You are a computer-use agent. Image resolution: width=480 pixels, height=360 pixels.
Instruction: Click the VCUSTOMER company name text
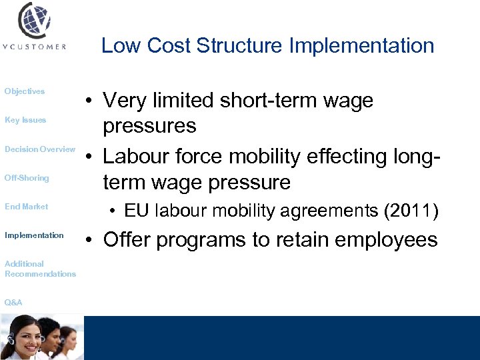point(35,47)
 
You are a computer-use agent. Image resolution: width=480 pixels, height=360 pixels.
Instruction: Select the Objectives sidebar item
point(25,91)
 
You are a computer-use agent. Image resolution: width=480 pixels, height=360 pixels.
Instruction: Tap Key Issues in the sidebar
point(25,120)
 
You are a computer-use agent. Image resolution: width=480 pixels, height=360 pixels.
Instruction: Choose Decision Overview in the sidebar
point(40,149)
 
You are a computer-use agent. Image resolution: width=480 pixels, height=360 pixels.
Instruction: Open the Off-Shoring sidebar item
point(27,178)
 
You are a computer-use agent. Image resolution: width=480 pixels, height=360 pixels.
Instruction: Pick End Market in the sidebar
point(27,207)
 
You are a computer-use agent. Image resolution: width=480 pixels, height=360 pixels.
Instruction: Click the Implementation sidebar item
point(34,235)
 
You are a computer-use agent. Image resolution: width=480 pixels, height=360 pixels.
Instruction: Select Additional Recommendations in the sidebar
point(40,269)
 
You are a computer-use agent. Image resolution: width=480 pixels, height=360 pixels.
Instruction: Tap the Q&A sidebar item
point(13,303)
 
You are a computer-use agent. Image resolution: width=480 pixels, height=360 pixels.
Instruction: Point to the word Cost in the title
point(167,46)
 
